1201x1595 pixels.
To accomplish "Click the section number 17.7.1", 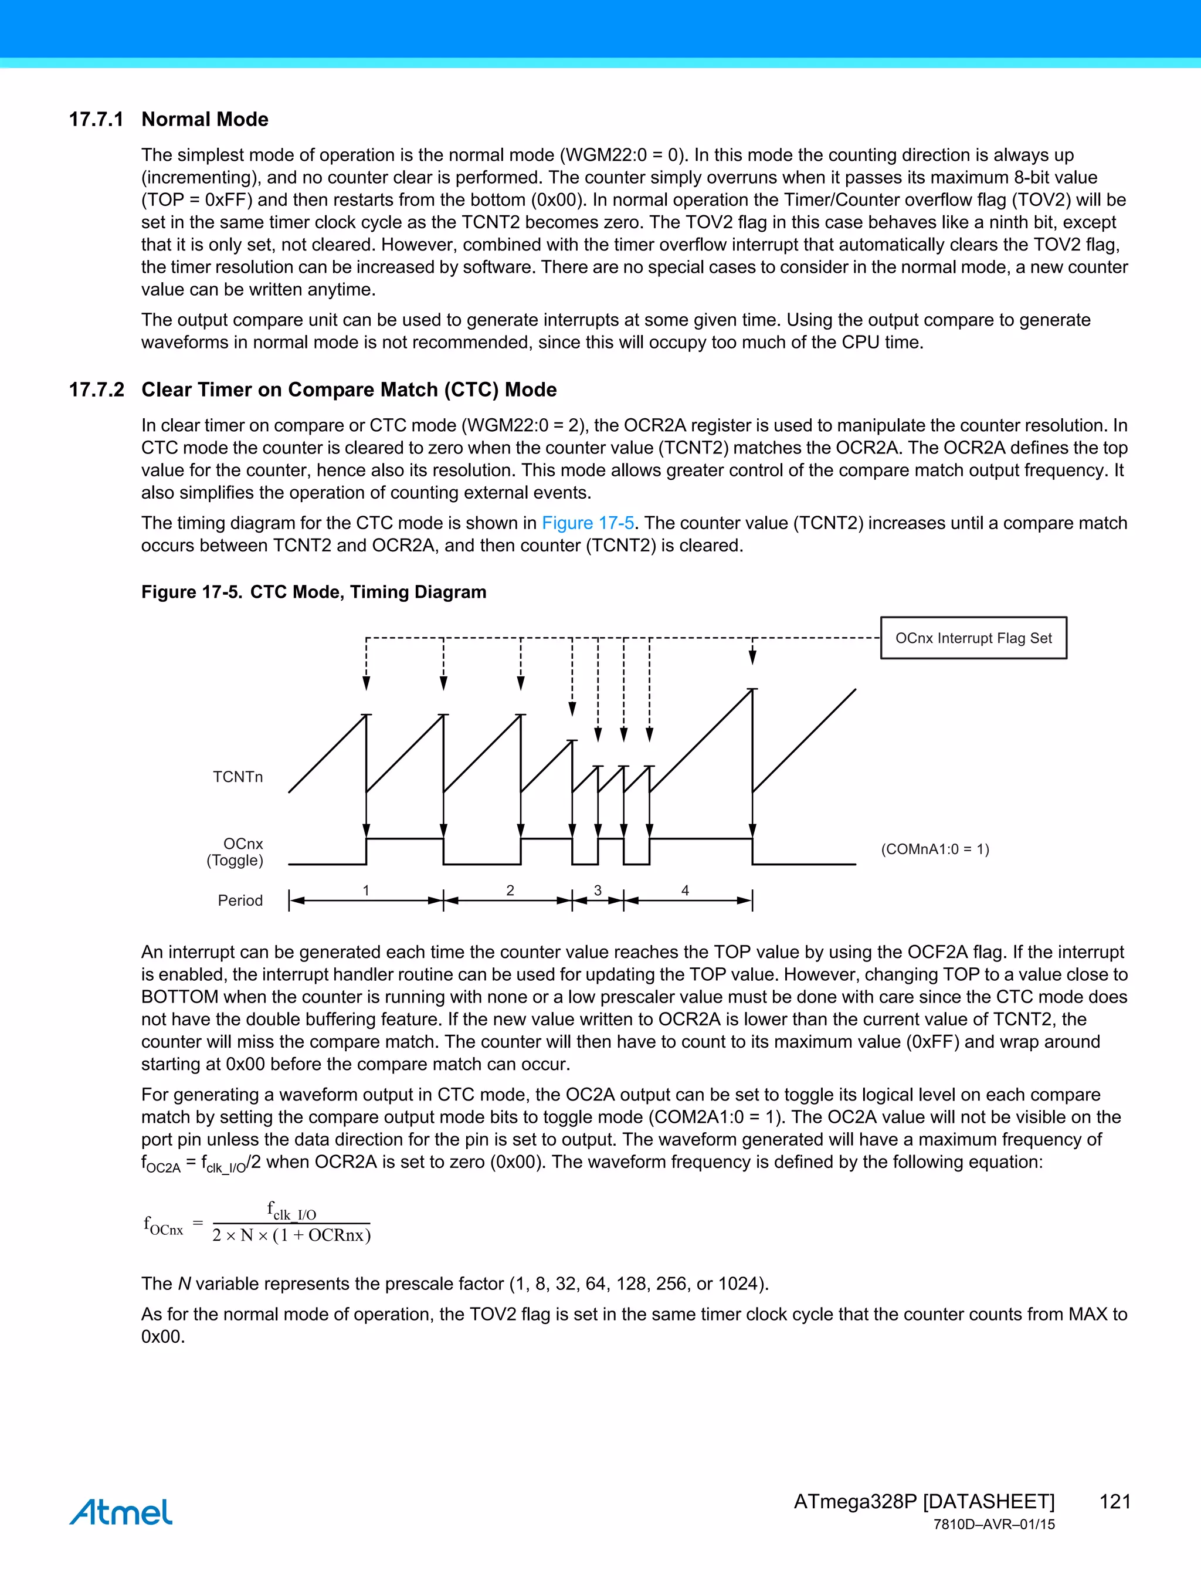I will (96, 119).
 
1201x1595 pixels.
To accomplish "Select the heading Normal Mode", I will (205, 119).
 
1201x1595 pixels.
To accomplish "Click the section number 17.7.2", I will (96, 390).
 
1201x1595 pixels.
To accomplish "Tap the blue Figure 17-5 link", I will (588, 523).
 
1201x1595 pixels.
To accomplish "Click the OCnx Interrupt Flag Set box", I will (973, 638).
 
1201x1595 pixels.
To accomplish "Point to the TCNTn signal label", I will (238, 777).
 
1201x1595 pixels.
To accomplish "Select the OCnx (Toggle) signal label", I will (236, 852).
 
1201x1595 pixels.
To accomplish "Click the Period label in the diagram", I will (240, 900).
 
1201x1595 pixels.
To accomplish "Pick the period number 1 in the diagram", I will (366, 890).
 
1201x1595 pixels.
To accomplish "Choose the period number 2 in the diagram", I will (510, 890).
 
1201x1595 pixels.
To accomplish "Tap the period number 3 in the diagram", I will (598, 890).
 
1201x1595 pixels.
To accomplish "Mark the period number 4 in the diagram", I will (686, 890).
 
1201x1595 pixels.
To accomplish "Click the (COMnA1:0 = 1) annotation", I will (935, 849).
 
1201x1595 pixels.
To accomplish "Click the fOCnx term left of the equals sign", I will (164, 1225).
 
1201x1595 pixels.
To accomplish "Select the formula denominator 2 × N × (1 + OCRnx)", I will (291, 1235).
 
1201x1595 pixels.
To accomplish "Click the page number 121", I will (1114, 1501).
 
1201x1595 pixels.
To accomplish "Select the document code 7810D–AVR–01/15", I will (994, 1525).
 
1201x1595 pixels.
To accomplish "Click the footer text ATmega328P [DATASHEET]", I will (924, 1501).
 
